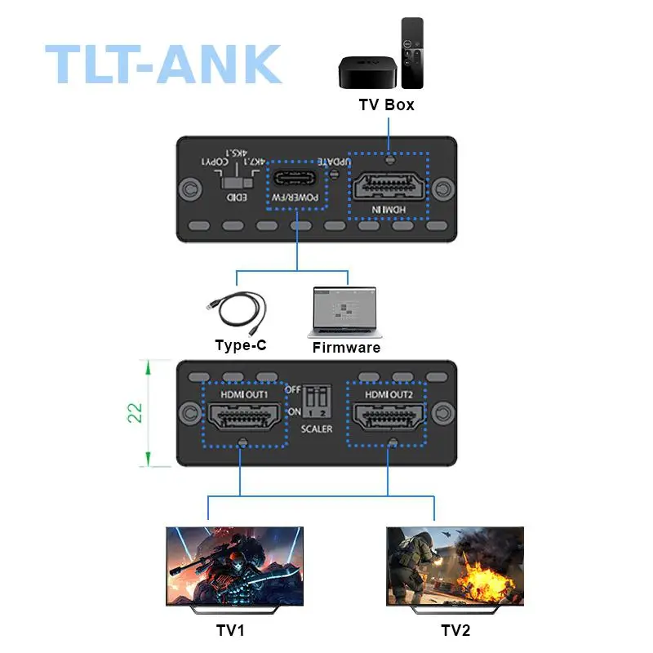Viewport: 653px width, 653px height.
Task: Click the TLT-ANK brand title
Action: (x=163, y=64)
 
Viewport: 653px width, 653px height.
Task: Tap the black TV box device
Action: (x=367, y=72)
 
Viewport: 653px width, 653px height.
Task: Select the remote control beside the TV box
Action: (x=412, y=53)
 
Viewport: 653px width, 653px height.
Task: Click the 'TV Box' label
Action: (x=386, y=104)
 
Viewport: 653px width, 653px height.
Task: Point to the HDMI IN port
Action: (x=389, y=185)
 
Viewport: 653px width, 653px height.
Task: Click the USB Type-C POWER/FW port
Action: (x=295, y=178)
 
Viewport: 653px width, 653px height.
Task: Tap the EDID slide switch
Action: (x=237, y=183)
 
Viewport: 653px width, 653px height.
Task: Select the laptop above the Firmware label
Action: (x=344, y=312)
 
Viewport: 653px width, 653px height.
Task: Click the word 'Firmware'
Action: (x=346, y=348)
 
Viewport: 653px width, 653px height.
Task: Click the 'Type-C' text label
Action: (x=241, y=345)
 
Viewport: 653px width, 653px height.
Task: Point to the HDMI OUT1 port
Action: (x=244, y=415)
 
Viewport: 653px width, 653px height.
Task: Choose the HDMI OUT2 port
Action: (x=389, y=415)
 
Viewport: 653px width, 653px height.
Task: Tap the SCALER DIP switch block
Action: (x=317, y=401)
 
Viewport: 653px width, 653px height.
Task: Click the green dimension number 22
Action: (x=135, y=413)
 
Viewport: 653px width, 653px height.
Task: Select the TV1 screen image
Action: (x=235, y=566)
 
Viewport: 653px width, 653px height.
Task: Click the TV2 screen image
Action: (x=455, y=566)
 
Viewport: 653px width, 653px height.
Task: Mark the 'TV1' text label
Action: (x=230, y=630)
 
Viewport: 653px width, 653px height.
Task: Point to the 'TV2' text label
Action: (x=455, y=630)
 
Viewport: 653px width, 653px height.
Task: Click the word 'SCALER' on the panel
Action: (x=317, y=429)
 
